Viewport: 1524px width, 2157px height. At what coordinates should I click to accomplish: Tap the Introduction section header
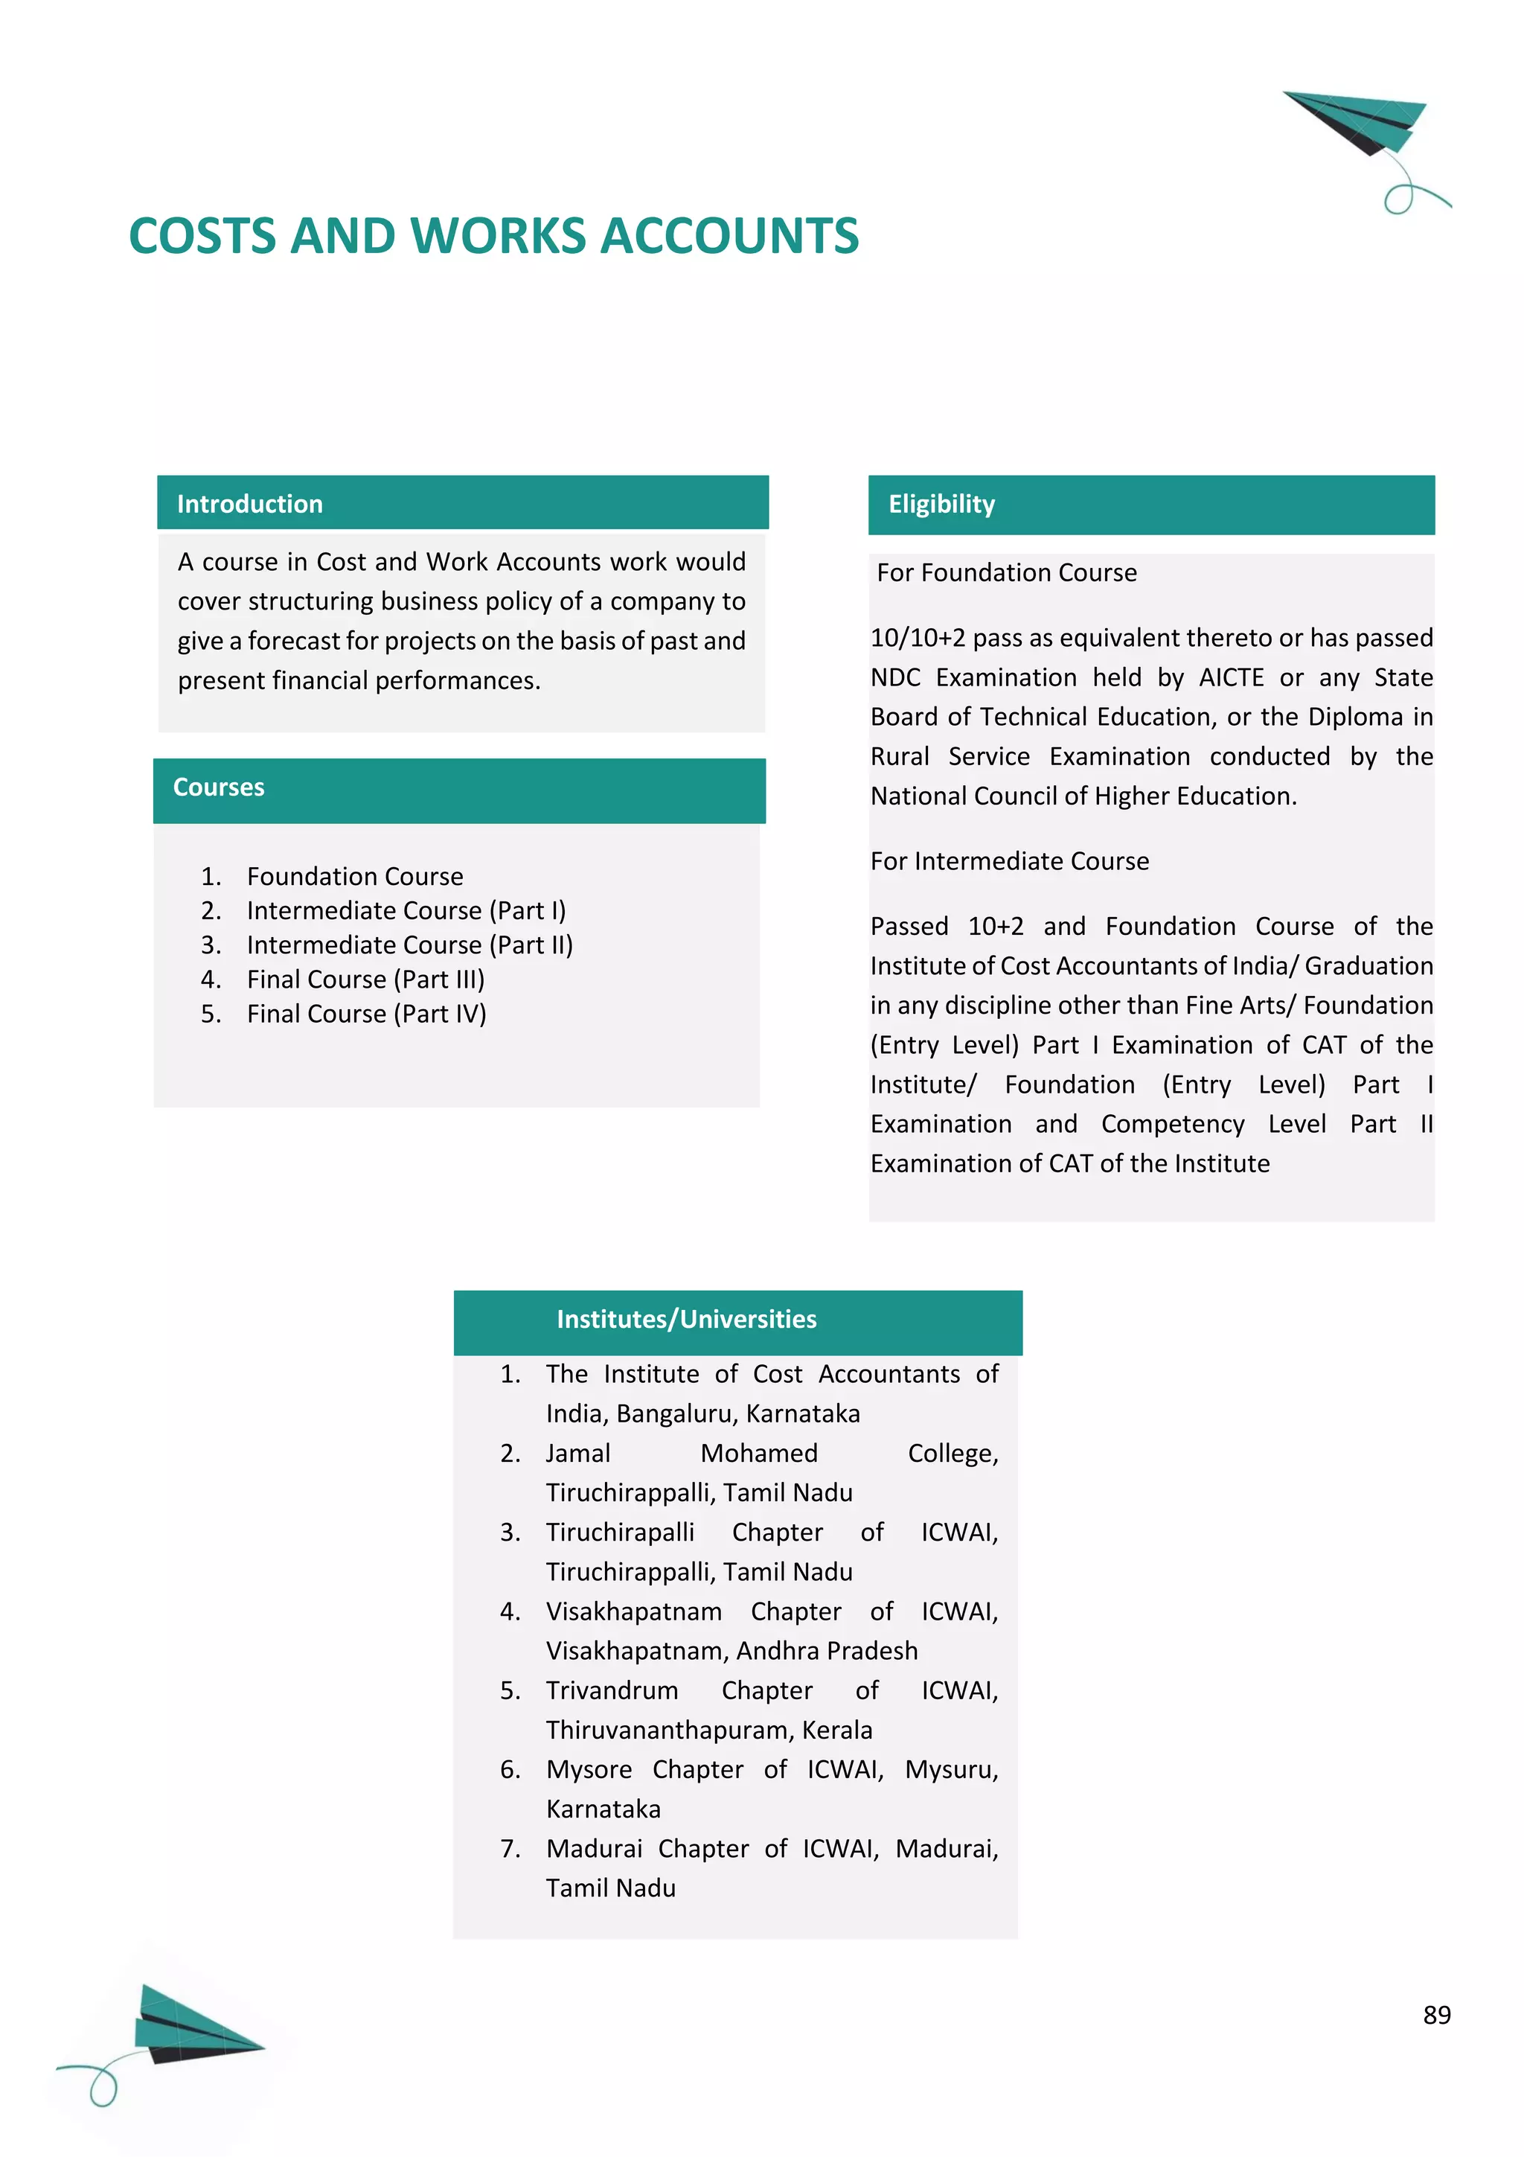coord(250,504)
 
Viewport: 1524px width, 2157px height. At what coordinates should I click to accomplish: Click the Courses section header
coord(219,787)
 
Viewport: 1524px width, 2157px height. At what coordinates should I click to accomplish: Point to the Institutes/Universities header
coord(686,1319)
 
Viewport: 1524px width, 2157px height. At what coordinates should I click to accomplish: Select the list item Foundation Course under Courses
coord(355,877)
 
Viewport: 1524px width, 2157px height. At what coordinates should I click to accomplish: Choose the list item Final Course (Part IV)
coord(366,1014)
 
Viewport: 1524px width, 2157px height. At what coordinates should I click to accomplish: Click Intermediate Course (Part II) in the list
coord(409,945)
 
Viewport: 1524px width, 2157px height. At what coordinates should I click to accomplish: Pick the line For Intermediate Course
coord(1010,861)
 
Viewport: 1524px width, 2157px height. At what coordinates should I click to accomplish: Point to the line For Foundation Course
coord(1007,573)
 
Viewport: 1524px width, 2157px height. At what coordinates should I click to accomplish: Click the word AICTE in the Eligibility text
coord(1231,677)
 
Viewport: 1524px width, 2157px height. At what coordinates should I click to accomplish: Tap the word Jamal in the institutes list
coord(578,1454)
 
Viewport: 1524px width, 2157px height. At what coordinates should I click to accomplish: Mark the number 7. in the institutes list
coord(510,1848)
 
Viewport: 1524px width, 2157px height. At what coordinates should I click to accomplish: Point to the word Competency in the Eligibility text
coord(1172,1124)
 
